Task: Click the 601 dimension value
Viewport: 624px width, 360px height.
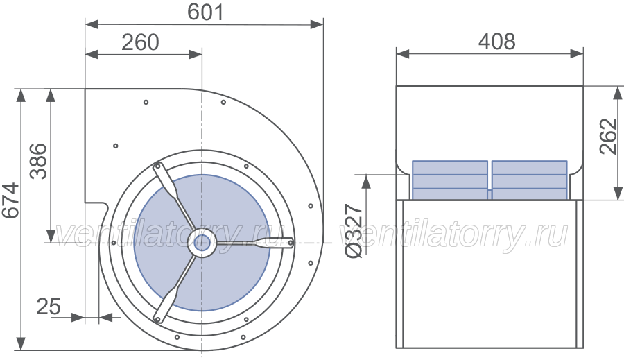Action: [205, 12]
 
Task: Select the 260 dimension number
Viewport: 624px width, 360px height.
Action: [140, 42]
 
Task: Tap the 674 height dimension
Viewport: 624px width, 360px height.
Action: [10, 200]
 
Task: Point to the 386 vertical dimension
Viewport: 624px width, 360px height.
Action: [38, 161]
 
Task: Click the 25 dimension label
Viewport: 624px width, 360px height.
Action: [49, 307]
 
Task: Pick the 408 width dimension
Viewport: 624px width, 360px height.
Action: [496, 42]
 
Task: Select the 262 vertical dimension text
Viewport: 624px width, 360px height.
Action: [609, 136]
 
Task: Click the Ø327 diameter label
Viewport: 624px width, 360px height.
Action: [354, 231]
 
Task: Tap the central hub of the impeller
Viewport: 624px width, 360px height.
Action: [202, 242]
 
